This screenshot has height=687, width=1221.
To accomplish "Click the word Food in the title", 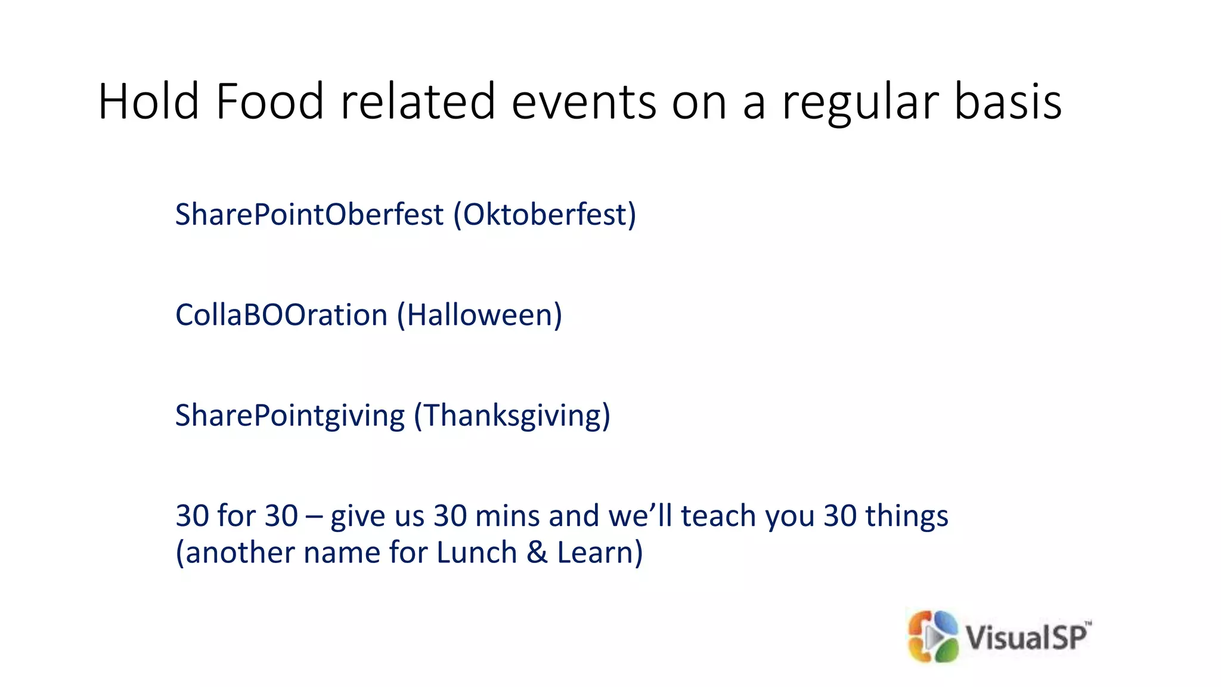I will (x=269, y=101).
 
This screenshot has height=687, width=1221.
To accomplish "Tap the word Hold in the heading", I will (x=148, y=101).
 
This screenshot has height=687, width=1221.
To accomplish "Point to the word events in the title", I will (x=584, y=101).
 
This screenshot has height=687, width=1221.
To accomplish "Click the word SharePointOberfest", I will (x=309, y=214).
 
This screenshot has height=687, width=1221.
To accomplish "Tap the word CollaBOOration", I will (x=281, y=315).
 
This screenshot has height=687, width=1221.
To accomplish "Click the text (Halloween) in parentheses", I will (x=479, y=315).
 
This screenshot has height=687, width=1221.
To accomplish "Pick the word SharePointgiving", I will (x=290, y=416).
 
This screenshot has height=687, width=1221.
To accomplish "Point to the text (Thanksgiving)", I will (x=512, y=416).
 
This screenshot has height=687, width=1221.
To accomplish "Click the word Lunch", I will (x=476, y=553).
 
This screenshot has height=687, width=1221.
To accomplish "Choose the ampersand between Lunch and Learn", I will (x=537, y=553).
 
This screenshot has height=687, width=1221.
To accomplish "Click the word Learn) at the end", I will (x=600, y=553).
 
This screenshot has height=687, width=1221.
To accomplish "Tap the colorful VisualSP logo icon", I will (x=932, y=636).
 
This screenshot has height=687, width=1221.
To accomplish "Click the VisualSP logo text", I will (x=1027, y=637).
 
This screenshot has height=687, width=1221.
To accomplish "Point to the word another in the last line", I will (x=235, y=553).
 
